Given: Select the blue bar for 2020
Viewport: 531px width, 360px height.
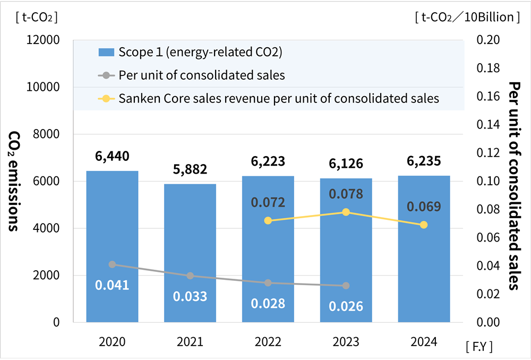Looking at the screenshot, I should coord(112,246).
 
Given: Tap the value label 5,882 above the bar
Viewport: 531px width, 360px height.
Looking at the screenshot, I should coord(190,169).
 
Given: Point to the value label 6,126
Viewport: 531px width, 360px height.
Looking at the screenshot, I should coord(346,164).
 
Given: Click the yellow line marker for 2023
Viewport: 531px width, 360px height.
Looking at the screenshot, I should coord(346,212).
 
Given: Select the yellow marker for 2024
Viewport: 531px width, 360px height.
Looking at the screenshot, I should coord(424,225).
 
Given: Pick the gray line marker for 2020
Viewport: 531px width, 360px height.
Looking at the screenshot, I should coord(112,264).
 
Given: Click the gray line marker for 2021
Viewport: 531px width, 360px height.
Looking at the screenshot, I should coord(190,276).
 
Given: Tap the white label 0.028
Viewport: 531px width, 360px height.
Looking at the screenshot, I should coord(268,303).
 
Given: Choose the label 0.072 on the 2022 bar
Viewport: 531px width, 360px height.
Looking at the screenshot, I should coord(268,202).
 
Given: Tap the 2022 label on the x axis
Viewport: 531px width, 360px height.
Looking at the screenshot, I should coord(268,342).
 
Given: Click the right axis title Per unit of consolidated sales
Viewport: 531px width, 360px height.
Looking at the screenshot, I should coord(513,186).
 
